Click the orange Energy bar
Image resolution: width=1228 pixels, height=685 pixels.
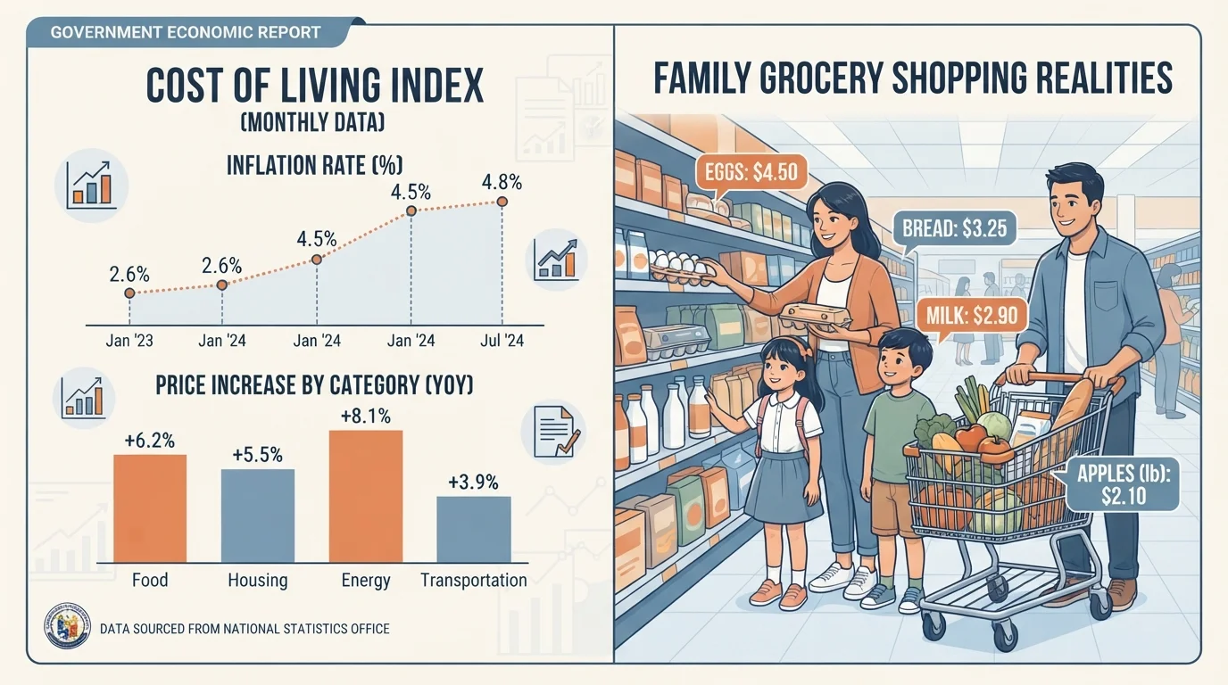(366, 497)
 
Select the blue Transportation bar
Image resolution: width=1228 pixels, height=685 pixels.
(474, 530)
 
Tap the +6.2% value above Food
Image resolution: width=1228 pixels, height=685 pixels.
(150, 441)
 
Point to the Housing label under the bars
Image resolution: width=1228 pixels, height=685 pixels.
(258, 581)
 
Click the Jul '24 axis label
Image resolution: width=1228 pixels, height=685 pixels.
(502, 341)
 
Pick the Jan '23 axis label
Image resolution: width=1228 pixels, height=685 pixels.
(129, 341)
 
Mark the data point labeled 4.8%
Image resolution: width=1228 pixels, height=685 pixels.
(502, 202)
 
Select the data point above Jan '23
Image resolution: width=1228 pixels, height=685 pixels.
(129, 293)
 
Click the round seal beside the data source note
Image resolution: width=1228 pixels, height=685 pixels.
(68, 626)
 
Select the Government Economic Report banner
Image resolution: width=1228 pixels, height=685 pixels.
(187, 32)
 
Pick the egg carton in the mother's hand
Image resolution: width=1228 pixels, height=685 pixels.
(815, 318)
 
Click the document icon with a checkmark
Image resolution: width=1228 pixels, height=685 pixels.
(553, 433)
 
